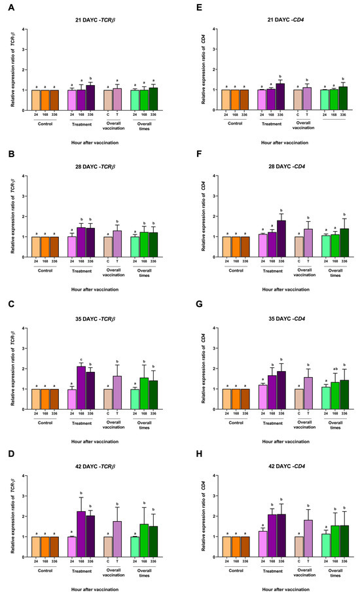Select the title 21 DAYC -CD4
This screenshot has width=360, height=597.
tap(270, 19)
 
